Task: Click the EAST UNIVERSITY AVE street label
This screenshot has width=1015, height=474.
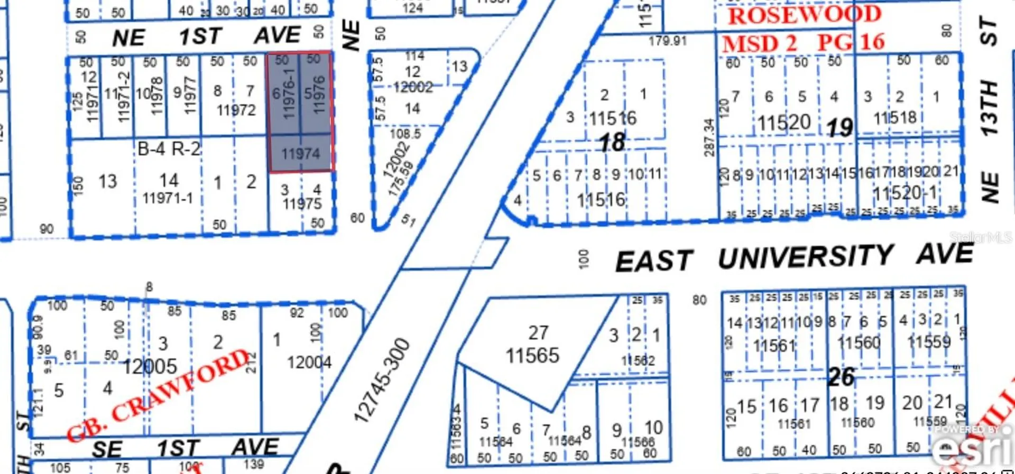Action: pyautogui.click(x=793, y=258)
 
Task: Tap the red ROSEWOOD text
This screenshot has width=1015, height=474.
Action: pyautogui.click(x=804, y=15)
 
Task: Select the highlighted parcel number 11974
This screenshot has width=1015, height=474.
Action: pyautogui.click(x=300, y=154)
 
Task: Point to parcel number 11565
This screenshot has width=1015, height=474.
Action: pyautogui.click(x=532, y=356)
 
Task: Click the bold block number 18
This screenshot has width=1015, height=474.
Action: pyautogui.click(x=612, y=142)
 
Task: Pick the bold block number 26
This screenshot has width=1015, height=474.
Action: pyautogui.click(x=841, y=377)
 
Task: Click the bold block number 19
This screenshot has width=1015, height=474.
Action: pyautogui.click(x=839, y=127)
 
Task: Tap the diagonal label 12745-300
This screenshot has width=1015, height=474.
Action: pyautogui.click(x=382, y=380)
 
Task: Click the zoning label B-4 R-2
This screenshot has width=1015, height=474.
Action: pyautogui.click(x=169, y=149)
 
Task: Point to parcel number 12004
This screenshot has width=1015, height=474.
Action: pyautogui.click(x=309, y=363)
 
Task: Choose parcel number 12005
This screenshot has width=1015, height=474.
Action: pyautogui.click(x=150, y=366)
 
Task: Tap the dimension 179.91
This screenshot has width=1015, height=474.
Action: pyautogui.click(x=668, y=41)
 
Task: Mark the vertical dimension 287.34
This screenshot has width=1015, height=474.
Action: pyautogui.click(x=709, y=138)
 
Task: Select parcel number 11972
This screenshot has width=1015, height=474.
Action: pyautogui.click(x=236, y=110)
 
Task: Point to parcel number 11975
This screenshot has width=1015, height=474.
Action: pyautogui.click(x=302, y=203)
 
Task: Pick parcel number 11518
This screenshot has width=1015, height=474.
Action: pyautogui.click(x=894, y=117)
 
